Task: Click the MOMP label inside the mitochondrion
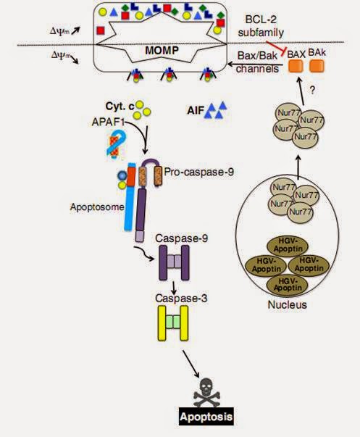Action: click(162, 51)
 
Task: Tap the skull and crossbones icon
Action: click(206, 392)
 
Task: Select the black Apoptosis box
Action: click(206, 417)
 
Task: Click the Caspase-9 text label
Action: click(181, 238)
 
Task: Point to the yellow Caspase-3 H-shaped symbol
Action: click(173, 323)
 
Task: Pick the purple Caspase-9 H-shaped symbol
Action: click(174, 262)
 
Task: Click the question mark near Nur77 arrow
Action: click(312, 91)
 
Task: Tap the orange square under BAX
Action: click(296, 66)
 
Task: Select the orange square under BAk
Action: click(317, 66)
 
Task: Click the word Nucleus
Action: click(288, 304)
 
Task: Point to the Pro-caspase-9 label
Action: click(199, 172)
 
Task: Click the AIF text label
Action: click(195, 111)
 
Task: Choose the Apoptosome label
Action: click(97, 207)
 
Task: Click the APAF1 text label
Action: click(108, 122)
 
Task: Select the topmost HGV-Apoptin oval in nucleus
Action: click(288, 245)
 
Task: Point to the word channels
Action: click(257, 68)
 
